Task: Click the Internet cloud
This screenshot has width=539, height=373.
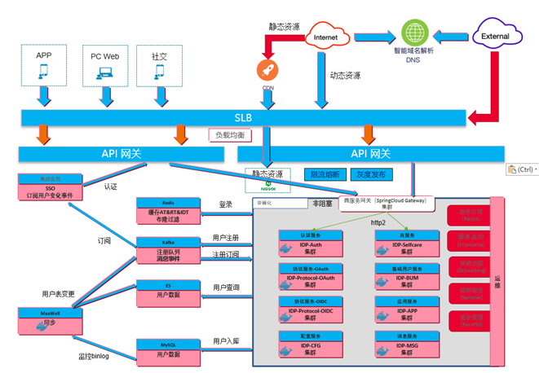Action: (326, 37)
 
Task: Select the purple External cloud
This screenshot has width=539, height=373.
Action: (496, 37)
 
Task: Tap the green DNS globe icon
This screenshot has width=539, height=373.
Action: (415, 33)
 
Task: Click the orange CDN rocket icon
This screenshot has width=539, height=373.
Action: (267, 71)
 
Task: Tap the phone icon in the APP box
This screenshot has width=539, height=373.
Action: (43, 72)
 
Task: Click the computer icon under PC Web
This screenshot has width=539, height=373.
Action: (105, 72)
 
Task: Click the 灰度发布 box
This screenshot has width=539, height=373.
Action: (371, 174)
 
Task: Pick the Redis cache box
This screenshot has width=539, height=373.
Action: (166, 211)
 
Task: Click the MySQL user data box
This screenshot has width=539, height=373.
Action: (166, 350)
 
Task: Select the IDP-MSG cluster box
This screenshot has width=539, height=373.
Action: (403, 344)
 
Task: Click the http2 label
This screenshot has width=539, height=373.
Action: (378, 222)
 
